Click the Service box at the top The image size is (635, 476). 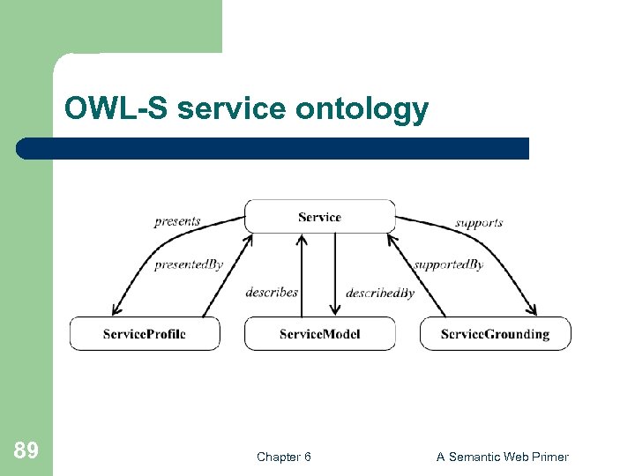coord(319,217)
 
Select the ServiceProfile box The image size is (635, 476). coord(145,334)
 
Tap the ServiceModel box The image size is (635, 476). coord(319,334)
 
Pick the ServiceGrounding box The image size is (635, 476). coord(495,334)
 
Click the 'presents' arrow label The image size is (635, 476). coord(177,221)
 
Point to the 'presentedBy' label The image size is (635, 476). coord(189,264)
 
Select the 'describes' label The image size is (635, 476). coord(272,292)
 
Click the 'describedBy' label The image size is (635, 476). coord(380,293)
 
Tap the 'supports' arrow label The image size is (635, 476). coord(479,222)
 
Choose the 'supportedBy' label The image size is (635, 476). coord(448,264)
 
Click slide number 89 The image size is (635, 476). coord(26,451)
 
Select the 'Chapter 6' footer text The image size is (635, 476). coord(283,457)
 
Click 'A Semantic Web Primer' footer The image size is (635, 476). coord(503,457)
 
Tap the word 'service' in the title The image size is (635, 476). coord(233,109)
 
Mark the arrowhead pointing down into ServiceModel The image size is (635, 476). coord(335,310)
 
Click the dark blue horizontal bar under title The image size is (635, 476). coord(273,148)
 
